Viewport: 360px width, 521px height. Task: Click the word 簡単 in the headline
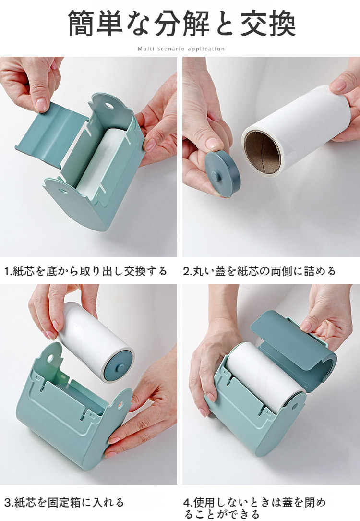click(96, 24)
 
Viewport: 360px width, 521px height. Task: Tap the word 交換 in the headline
click(268, 24)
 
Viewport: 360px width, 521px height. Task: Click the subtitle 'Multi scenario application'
click(181, 49)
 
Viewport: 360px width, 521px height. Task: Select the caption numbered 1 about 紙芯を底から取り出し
click(86, 271)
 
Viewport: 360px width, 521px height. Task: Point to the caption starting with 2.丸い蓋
click(259, 271)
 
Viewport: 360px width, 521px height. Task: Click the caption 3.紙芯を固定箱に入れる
click(64, 502)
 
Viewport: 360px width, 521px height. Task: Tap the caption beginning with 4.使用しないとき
click(254, 508)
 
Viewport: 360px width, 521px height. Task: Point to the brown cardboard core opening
click(263, 152)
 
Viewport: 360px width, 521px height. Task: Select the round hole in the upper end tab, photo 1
click(109, 107)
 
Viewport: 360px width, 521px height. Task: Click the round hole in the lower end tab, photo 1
click(62, 191)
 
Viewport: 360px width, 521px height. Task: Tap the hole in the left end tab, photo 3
click(50, 359)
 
